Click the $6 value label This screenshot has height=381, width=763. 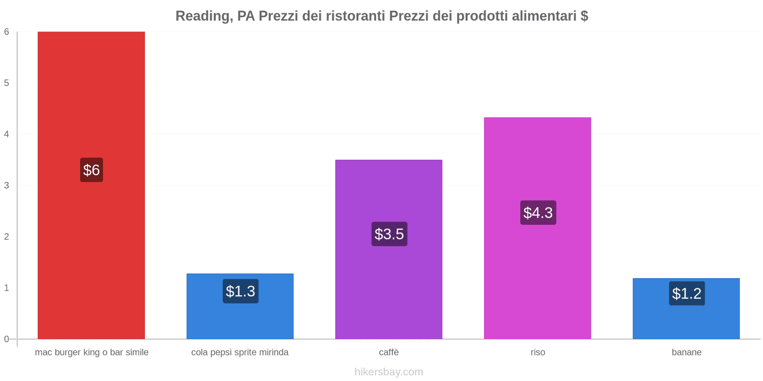(91, 170)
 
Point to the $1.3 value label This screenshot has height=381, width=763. (240, 291)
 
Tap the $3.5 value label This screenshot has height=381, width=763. (389, 234)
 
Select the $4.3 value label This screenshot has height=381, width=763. (538, 212)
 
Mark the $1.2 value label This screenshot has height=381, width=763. (687, 293)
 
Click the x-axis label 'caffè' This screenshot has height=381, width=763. (389, 352)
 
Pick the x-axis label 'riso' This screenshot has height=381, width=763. (537, 352)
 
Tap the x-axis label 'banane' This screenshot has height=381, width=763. (686, 352)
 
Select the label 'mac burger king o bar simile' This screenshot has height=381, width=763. (92, 352)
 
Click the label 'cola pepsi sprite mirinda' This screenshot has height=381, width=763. (240, 352)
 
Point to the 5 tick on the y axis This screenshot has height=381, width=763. (7, 83)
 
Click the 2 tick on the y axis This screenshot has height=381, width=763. (7, 237)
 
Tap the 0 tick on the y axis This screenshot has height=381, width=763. (7, 339)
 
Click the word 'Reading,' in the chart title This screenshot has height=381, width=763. (204, 16)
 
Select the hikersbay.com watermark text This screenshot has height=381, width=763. (389, 372)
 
